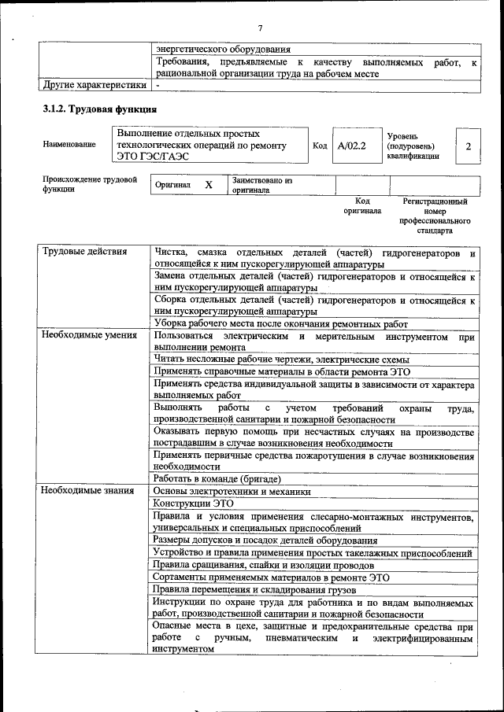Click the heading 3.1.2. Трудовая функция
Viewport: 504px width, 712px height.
(x=100, y=109)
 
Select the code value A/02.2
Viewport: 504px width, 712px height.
(x=352, y=146)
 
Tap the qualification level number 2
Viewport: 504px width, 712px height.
(x=468, y=146)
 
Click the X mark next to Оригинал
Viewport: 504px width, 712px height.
(x=209, y=184)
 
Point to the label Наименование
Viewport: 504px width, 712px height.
(x=70, y=145)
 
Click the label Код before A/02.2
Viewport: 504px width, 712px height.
(x=320, y=146)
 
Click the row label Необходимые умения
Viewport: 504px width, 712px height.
(x=89, y=336)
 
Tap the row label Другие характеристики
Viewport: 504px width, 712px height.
(x=94, y=85)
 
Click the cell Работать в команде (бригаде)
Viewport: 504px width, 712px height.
(x=218, y=478)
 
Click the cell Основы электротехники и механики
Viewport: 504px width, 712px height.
(x=232, y=491)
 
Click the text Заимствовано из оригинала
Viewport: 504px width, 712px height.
(x=262, y=185)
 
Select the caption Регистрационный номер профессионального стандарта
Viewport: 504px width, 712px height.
(x=435, y=216)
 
